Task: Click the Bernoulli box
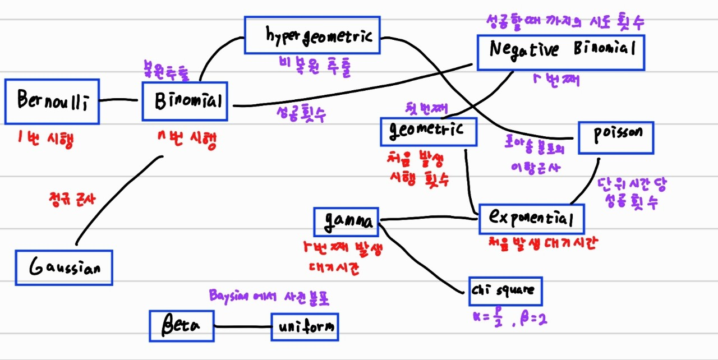(52, 101)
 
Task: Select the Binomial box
(185, 101)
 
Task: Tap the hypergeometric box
(312, 36)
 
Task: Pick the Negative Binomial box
(560, 52)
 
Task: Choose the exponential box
(531, 219)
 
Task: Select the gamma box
(347, 221)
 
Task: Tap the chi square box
(506, 290)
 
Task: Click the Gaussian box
(63, 267)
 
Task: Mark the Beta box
(181, 326)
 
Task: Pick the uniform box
(305, 326)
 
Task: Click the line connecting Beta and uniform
(242, 326)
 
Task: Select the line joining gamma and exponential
(429, 218)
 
